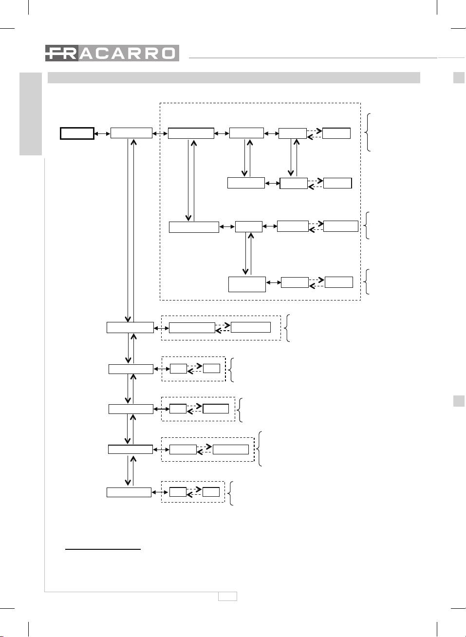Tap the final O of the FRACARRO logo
coord(169,54)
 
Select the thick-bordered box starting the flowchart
coord(77,133)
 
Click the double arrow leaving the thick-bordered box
coord(102,133)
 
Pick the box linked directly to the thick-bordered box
coord(131,133)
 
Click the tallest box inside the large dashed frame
coord(247,284)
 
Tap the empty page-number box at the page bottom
coord(227,596)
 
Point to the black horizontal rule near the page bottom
coord(103,549)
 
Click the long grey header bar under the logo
coord(234,77)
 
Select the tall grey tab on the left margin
coord(31,114)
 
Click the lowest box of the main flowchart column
coord(129,492)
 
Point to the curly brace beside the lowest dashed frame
coord(230,493)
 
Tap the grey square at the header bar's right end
coord(459,77)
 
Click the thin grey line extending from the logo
coord(313,58)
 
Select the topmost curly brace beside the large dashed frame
coord(367,132)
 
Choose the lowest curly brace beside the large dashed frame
coord(366,281)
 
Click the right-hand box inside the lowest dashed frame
coord(211,492)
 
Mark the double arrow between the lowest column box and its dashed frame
coord(160,492)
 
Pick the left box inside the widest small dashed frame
coord(192,328)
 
